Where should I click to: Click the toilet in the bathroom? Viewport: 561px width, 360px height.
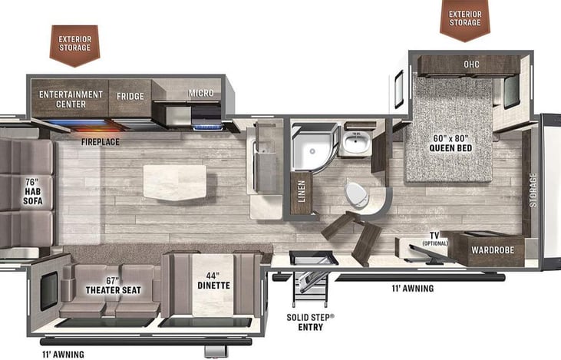pyautogui.click(x=357, y=195)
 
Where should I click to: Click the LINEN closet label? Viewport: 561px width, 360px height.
pyautogui.click(x=302, y=191)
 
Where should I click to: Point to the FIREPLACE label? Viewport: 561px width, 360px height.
pyautogui.click(x=101, y=142)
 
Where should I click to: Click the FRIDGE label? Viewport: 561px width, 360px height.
pyautogui.click(x=130, y=96)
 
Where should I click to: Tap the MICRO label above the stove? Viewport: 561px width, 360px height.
pyautogui.click(x=201, y=93)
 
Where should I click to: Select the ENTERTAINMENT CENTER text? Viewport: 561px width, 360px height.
pyautogui.click(x=71, y=100)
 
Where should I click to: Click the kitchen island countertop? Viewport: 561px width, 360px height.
pyautogui.click(x=175, y=182)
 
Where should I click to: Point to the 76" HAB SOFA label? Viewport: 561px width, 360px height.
pyautogui.click(x=33, y=191)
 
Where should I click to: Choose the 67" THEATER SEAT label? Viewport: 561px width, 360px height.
pyautogui.click(x=114, y=286)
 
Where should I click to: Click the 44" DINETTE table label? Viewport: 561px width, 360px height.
pyautogui.click(x=213, y=281)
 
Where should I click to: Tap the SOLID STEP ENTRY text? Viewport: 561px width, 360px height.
pyautogui.click(x=310, y=322)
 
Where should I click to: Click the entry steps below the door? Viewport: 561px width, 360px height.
pyautogui.click(x=310, y=289)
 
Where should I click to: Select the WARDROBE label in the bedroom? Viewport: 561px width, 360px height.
pyautogui.click(x=493, y=250)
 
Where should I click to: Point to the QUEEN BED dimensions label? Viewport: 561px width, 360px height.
pyautogui.click(x=450, y=143)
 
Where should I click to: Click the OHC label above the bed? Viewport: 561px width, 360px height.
pyautogui.click(x=471, y=64)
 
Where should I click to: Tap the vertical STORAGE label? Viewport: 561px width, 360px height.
pyautogui.click(x=533, y=190)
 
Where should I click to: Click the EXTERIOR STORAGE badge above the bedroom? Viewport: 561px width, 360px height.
pyautogui.click(x=465, y=18)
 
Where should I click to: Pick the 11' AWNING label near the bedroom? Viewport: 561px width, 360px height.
pyautogui.click(x=413, y=288)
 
